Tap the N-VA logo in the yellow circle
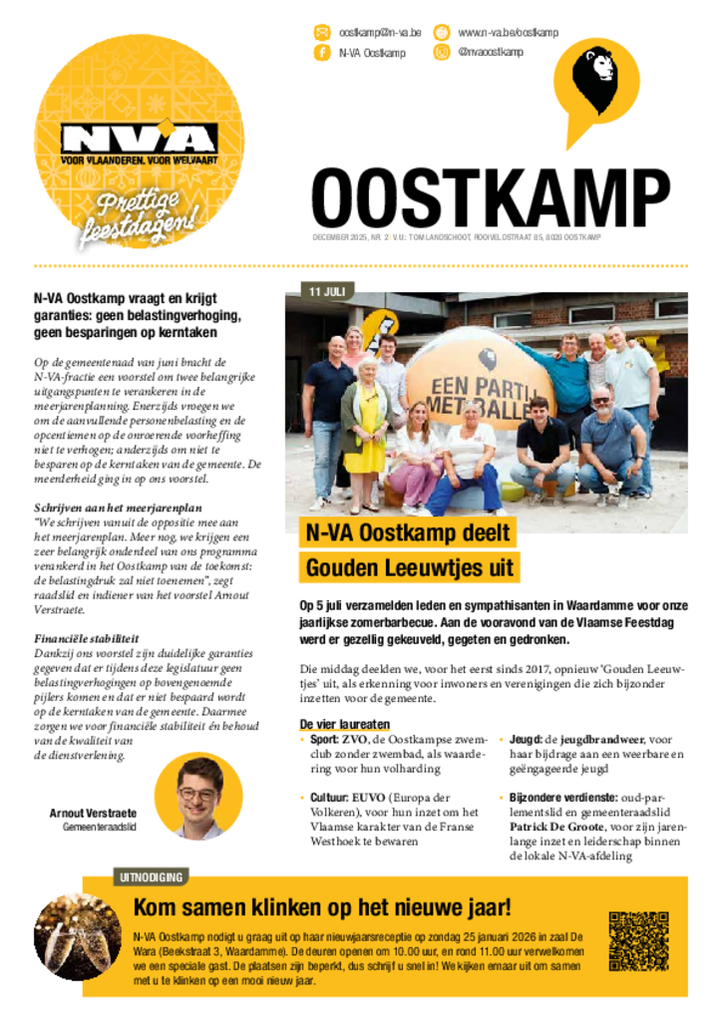tap(139, 140)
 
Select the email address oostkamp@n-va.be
tap(379, 32)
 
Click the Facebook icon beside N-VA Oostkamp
tap(322, 53)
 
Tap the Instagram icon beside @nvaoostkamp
tap(441, 52)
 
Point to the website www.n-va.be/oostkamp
tap(508, 32)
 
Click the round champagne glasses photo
tap(78, 935)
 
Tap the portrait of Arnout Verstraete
tap(197, 798)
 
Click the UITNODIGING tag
tap(151, 877)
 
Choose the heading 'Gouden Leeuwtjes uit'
tap(410, 567)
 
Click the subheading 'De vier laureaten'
tap(344, 724)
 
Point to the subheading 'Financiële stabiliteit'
tap(86, 638)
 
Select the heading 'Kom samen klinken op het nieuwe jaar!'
tap(322, 907)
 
